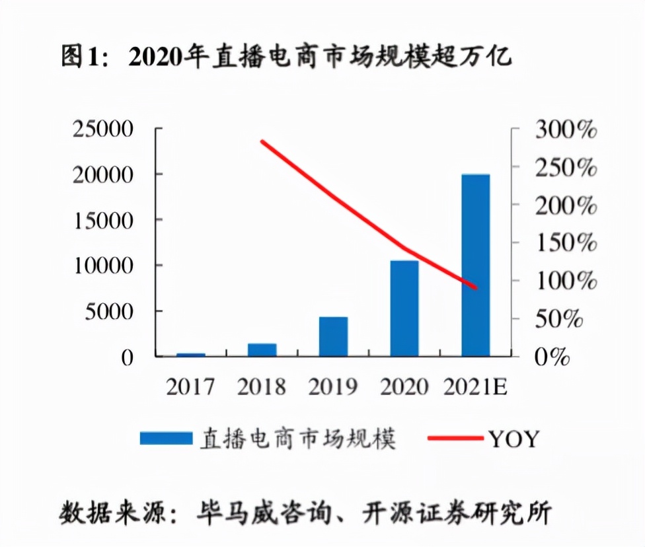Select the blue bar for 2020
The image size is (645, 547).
[x=404, y=309]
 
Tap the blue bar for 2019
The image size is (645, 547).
[x=333, y=337]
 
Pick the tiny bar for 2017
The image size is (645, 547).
[x=190, y=355]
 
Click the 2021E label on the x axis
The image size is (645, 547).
[x=476, y=386]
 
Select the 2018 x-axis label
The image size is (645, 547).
[x=262, y=386]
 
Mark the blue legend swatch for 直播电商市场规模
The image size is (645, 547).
[x=165, y=438]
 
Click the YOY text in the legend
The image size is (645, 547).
[x=513, y=438]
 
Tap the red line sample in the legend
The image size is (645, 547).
[x=455, y=438]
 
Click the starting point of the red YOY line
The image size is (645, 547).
[x=262, y=141]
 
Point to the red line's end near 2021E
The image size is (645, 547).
[x=475, y=288]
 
